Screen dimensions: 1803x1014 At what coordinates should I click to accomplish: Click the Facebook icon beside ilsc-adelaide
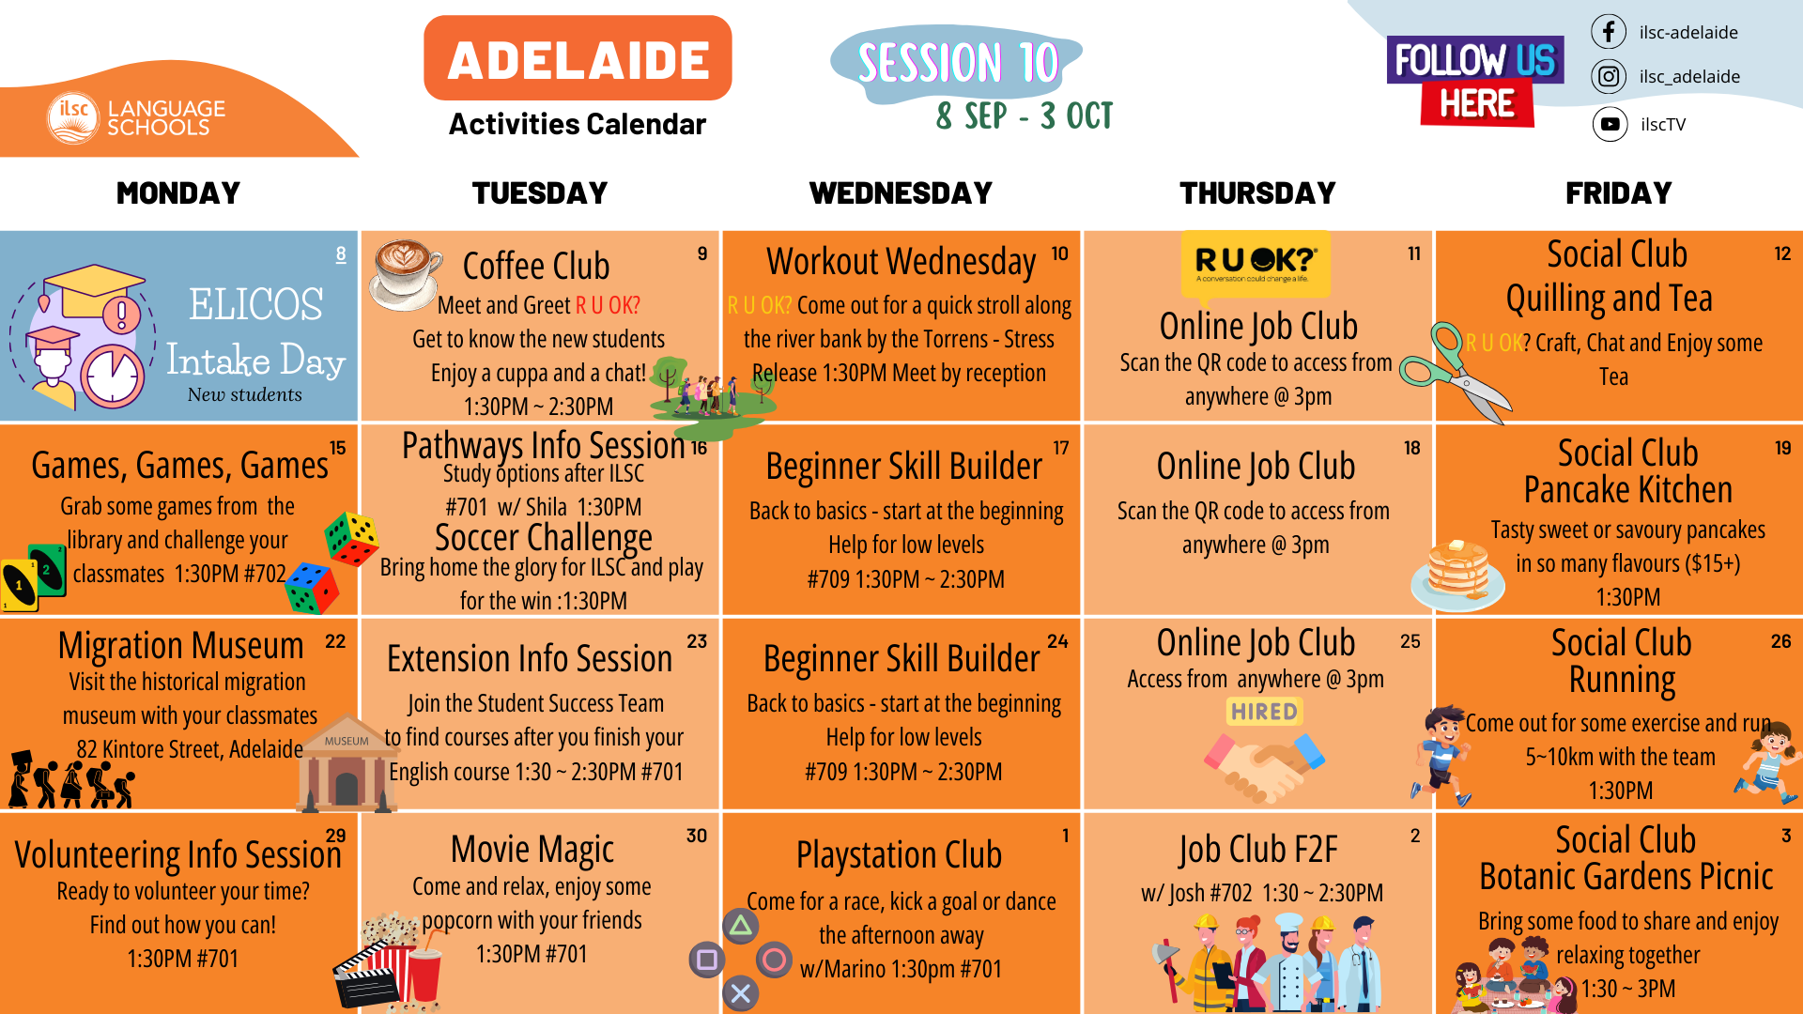coord(1609,32)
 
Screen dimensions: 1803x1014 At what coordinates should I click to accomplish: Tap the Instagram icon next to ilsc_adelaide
coord(1609,76)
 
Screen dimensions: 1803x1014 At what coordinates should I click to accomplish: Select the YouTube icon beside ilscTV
coord(1610,124)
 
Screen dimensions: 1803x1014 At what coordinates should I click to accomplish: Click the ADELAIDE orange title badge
coord(578,58)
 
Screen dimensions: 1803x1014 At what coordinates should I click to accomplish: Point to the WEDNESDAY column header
coord(901,193)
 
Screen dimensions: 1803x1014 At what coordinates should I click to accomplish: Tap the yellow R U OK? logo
coord(1256,262)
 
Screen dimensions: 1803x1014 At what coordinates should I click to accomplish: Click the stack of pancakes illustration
coord(1457,575)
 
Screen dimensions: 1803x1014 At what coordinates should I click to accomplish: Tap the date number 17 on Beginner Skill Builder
coord(1060,448)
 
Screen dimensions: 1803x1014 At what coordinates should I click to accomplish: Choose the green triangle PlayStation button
coord(741,927)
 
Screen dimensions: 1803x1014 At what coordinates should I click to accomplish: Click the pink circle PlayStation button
coord(775,960)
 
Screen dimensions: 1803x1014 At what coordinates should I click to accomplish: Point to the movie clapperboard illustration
coord(368,976)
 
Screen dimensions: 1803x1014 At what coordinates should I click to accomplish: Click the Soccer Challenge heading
coord(544,538)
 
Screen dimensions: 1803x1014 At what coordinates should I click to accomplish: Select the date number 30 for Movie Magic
coord(696,836)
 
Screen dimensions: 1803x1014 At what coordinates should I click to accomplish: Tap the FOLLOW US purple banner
coord(1475,60)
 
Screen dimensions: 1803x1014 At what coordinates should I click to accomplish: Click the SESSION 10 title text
coord(958,63)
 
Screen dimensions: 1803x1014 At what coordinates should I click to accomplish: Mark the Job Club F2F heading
coord(1258,850)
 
